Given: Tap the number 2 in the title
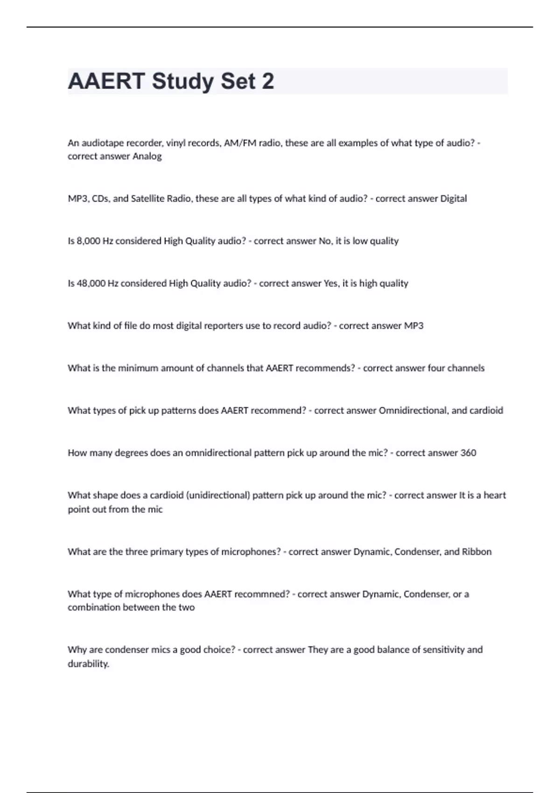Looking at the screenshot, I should [268, 81].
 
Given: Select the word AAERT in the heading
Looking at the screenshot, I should [106, 81].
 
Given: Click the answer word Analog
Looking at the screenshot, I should [147, 156].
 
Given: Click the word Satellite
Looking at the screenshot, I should [147, 198].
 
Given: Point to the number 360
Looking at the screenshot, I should [468, 453].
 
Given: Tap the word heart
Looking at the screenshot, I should [495, 495].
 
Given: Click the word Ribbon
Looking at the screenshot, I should [476, 552].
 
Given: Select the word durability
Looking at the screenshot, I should [88, 663].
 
